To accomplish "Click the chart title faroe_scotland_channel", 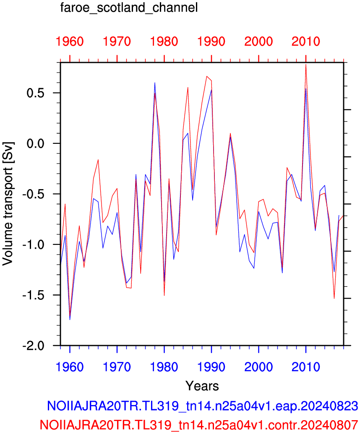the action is coord(129,8).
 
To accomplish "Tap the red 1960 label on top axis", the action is coord(70,42).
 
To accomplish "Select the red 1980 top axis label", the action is coord(164,42).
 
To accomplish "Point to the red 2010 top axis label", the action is coord(306,42).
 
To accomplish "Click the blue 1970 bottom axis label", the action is coord(117,367).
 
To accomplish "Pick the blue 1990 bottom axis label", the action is coord(211,367).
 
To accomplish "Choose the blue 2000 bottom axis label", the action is coord(258,367).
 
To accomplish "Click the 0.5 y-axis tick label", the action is coord(35,93).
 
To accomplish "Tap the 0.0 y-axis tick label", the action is coord(35,144).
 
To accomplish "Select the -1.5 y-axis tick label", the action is coord(33,295).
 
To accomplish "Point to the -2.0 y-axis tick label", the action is coord(33,346).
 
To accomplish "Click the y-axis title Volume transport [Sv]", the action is coord(8,204).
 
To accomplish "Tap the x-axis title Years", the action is coord(202,386).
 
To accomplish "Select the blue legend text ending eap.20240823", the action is coord(202,406).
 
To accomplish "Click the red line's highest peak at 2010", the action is coord(306,64).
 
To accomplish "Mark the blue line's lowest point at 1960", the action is coord(70,320).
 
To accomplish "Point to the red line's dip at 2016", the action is coord(334,299).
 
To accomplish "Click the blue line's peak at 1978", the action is coord(155,83).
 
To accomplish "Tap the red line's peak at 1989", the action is coord(206,76).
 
